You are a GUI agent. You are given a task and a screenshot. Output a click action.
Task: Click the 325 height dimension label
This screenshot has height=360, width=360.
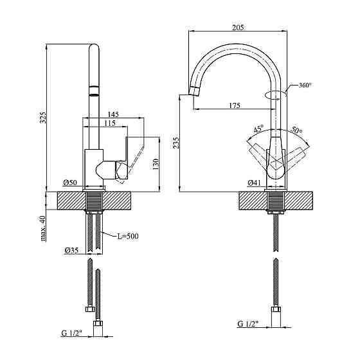click(43, 117)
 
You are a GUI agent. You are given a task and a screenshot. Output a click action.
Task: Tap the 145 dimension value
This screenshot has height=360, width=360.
click(113, 114)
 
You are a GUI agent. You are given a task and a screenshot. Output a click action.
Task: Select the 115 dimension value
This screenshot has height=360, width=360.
click(110, 123)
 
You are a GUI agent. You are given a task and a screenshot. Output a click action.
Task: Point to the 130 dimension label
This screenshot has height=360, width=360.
click(156, 164)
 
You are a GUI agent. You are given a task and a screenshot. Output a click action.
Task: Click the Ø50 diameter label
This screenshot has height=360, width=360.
click(70, 183)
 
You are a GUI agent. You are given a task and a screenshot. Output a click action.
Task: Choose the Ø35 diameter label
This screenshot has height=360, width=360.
click(71, 250)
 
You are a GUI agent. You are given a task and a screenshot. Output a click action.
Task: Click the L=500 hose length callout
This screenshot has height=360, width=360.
click(128, 236)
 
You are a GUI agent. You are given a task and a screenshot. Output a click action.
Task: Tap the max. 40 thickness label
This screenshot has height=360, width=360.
click(43, 228)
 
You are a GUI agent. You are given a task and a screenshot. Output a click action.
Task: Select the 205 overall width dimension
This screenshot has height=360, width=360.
click(238, 27)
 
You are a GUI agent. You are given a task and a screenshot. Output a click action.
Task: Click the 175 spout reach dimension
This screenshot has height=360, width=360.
click(235, 105)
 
